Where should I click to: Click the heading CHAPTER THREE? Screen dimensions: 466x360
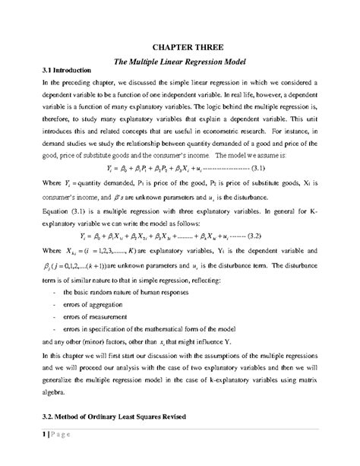(179, 46)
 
